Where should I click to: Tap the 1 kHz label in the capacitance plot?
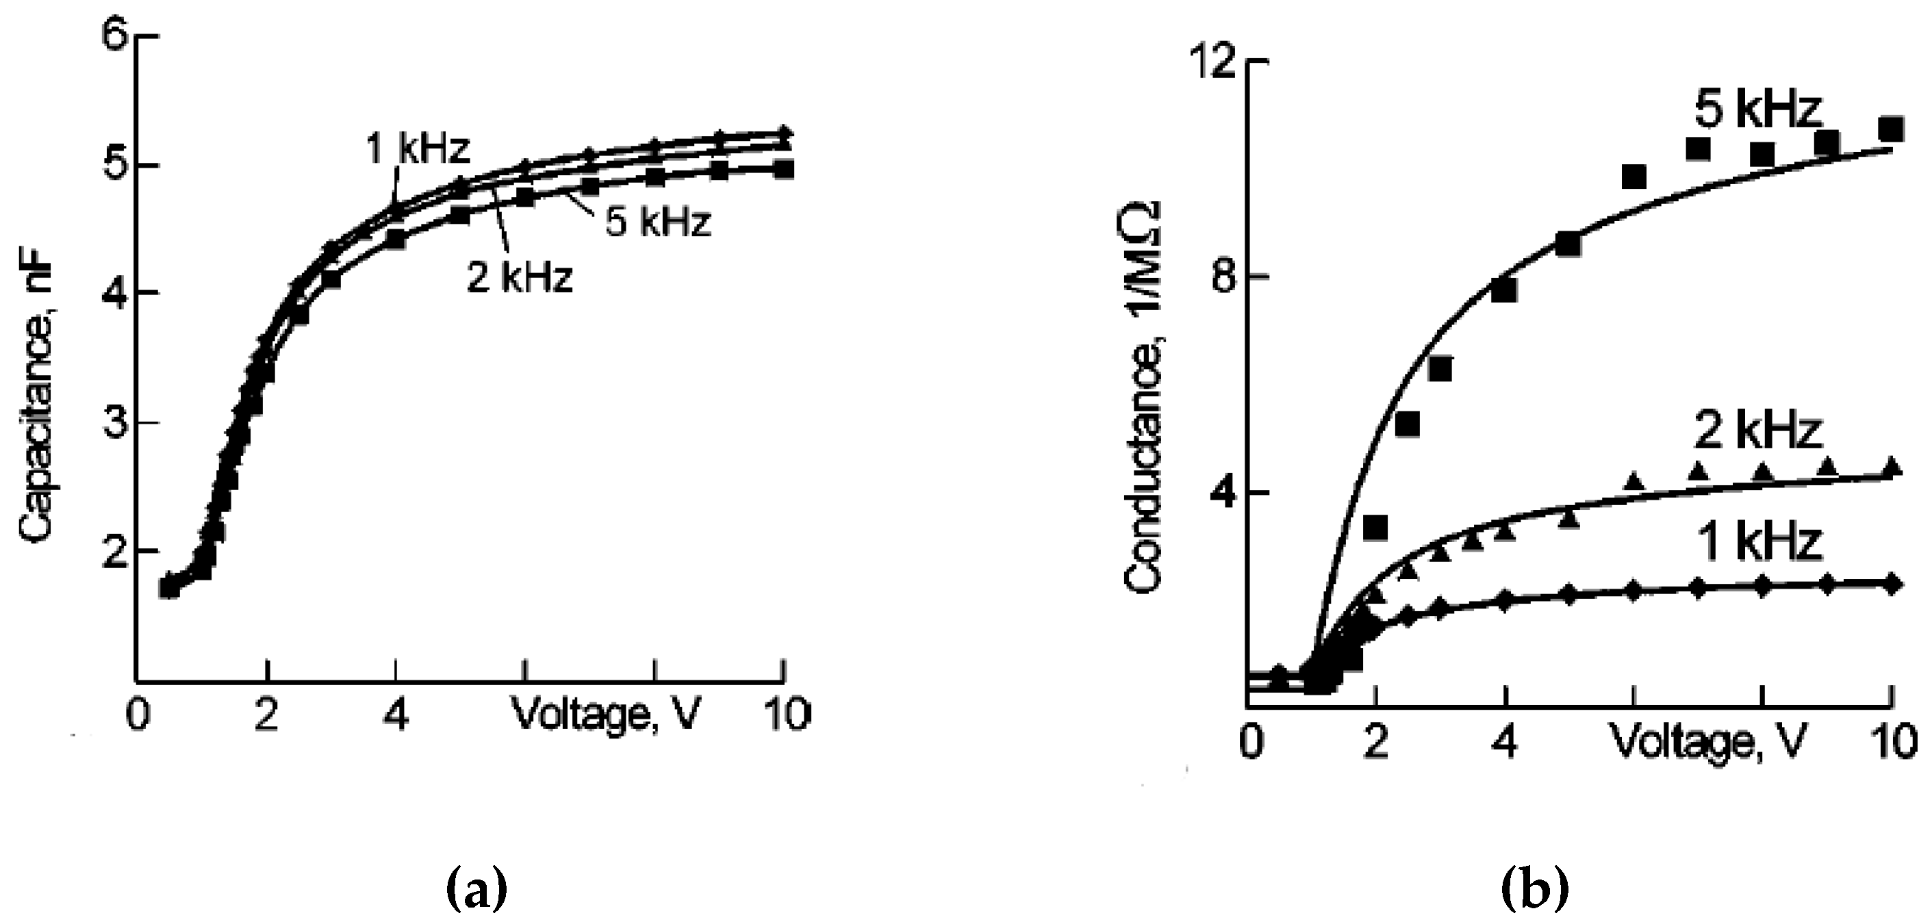pyautogui.click(x=417, y=150)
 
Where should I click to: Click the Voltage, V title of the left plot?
pyautogui.click(x=607, y=715)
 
